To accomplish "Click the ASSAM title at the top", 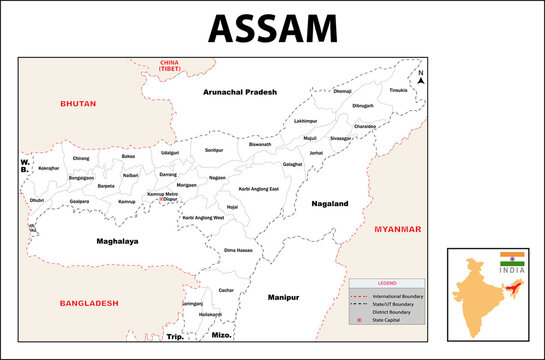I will (272, 28).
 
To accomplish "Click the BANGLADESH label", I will (88, 302).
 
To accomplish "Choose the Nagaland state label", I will (329, 202).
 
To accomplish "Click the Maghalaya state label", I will (118, 241).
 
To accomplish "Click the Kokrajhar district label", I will (49, 169).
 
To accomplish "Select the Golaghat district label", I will (292, 163).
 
